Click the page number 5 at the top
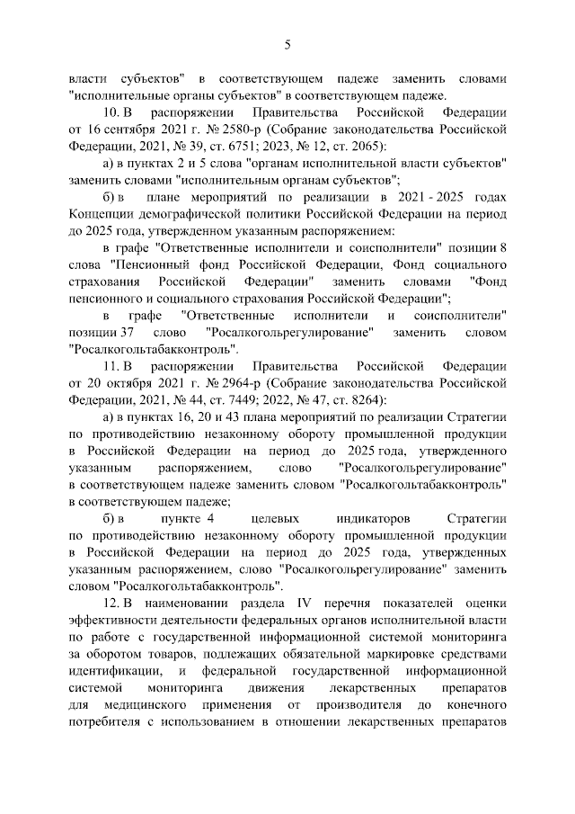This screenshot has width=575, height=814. pos(287,44)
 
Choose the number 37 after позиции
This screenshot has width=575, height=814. pos(123,332)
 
